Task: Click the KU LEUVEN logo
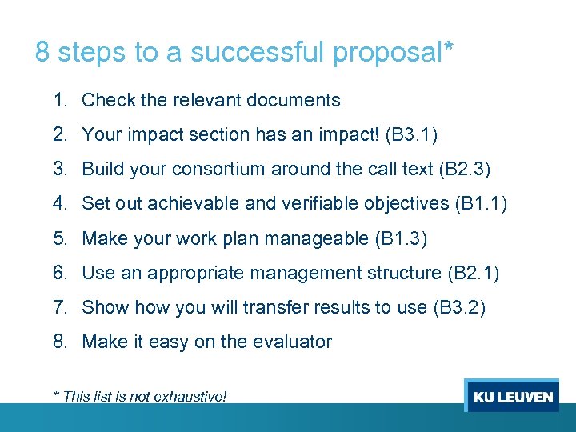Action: tap(512, 397)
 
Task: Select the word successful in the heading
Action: tap(259, 53)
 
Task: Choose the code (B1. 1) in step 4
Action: tap(481, 204)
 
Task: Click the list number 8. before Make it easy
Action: tap(61, 342)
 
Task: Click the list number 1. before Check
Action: tap(61, 100)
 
